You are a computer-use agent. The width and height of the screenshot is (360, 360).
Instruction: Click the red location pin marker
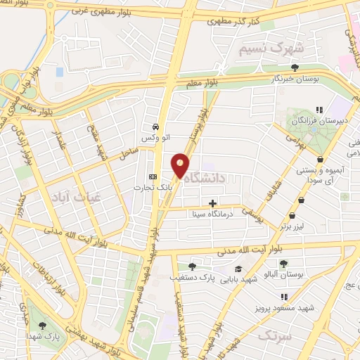[x=181, y=165]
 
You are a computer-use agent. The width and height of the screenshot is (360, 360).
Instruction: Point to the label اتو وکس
[x=156, y=139]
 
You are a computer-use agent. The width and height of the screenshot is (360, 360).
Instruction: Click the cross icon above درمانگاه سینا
[x=212, y=203]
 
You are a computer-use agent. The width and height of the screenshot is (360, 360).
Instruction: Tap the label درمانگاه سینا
[x=212, y=214]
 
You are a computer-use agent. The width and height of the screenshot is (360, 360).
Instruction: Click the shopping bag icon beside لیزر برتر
[x=302, y=200]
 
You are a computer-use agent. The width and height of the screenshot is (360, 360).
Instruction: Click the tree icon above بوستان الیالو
[x=283, y=264]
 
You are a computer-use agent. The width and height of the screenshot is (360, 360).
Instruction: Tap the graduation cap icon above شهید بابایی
[x=238, y=269]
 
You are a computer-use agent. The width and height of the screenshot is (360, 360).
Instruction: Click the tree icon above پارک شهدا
[x=42, y=326]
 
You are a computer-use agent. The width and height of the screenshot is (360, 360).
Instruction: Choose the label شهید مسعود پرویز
[x=285, y=308]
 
